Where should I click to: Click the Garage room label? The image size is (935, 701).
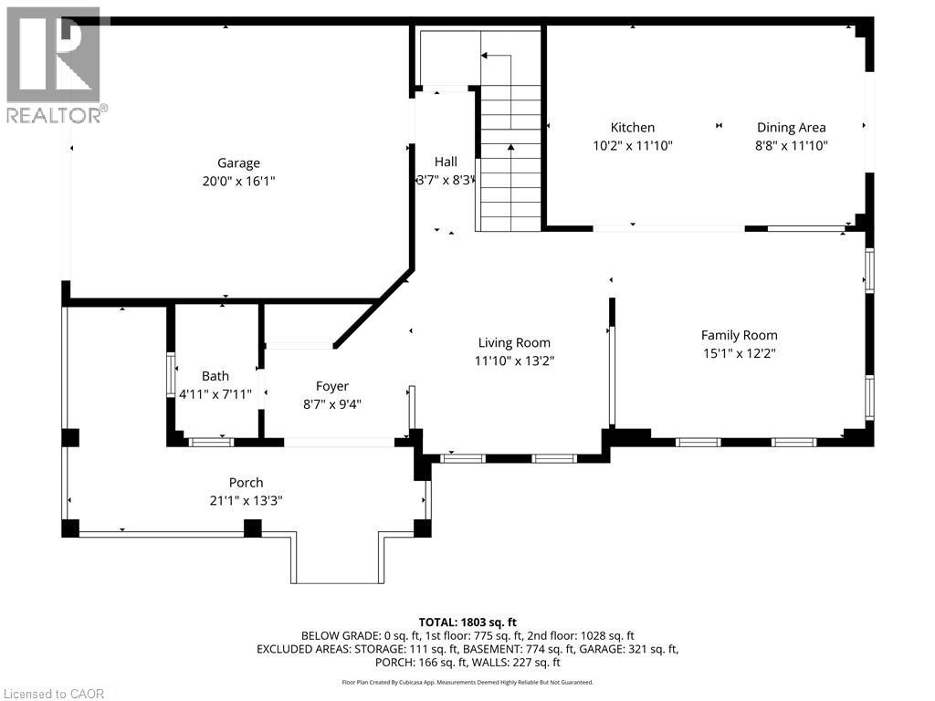pyautogui.click(x=238, y=162)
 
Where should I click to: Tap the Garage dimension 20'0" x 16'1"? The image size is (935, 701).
pyautogui.click(x=238, y=181)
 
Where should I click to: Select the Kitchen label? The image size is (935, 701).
pyautogui.click(x=633, y=127)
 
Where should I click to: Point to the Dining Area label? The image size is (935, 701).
pyautogui.click(x=792, y=127)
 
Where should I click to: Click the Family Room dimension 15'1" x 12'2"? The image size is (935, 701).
pyautogui.click(x=740, y=353)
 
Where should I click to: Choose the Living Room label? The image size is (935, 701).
pyautogui.click(x=514, y=343)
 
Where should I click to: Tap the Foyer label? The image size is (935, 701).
pyautogui.click(x=332, y=386)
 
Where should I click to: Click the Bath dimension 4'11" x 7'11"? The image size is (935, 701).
pyautogui.click(x=215, y=394)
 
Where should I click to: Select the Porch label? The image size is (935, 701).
pyautogui.click(x=246, y=482)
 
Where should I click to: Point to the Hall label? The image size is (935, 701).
pyautogui.click(x=446, y=162)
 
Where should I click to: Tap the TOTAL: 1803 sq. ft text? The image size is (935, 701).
pyautogui.click(x=467, y=623)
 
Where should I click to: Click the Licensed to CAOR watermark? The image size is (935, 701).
pyautogui.click(x=54, y=694)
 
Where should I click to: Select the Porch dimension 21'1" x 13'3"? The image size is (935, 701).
pyautogui.click(x=246, y=500)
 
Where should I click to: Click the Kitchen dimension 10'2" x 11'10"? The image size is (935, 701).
pyautogui.click(x=633, y=145)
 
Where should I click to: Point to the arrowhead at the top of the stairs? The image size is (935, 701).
pyautogui.click(x=484, y=56)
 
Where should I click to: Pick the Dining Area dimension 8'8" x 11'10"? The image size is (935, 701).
pyautogui.click(x=792, y=145)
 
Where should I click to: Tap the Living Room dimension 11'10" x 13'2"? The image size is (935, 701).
pyautogui.click(x=514, y=361)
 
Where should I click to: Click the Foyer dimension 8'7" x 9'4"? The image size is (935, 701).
pyautogui.click(x=332, y=404)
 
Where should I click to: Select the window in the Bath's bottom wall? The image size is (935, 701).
pyautogui.click(x=211, y=443)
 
